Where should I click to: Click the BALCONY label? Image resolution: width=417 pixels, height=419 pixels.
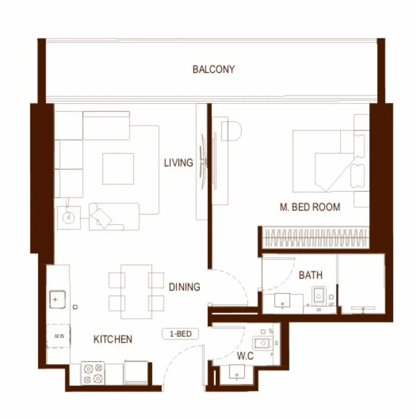(213, 69)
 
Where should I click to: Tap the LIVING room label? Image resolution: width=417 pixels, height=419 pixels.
(178, 163)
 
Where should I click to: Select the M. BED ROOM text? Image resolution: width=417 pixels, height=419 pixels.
(310, 207)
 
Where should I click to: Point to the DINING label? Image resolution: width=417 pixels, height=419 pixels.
(184, 287)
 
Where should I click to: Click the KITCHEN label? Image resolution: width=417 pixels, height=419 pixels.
(113, 339)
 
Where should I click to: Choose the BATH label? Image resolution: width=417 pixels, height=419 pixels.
(311, 275)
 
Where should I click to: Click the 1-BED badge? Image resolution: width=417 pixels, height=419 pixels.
(180, 334)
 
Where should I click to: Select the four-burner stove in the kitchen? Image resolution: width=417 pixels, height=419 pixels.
(92, 373)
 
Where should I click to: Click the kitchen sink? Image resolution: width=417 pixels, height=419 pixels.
(56, 299)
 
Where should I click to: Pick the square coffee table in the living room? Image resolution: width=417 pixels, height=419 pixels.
(118, 169)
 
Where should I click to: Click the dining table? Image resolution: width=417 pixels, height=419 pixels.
(136, 291)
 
